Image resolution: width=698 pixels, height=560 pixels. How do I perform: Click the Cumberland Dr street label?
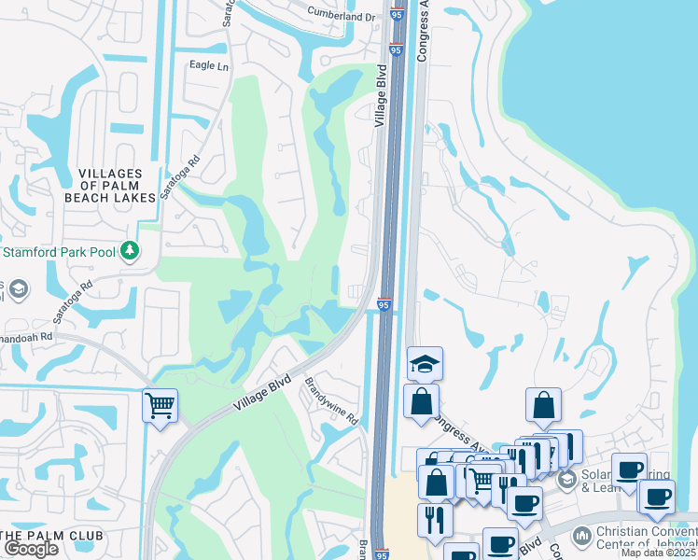pos(342,16)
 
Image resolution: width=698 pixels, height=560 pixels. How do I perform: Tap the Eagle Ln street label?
pos(209,66)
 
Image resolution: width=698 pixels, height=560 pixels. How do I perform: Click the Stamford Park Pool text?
pos(57,251)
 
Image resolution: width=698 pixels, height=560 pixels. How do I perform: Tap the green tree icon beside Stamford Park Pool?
pos(132,250)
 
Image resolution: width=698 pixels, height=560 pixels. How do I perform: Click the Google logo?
pos(31,549)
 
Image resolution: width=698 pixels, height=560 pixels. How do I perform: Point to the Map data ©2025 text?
pos(657,553)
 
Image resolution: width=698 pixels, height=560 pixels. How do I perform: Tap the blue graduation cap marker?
pos(425,363)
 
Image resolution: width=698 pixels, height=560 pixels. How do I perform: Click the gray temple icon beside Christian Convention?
pos(581,536)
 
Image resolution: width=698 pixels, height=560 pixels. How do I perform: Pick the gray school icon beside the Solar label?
pos(566,479)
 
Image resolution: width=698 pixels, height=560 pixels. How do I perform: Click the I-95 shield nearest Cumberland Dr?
pos(397,13)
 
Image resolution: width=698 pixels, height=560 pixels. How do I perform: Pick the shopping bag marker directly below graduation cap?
pos(421,401)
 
